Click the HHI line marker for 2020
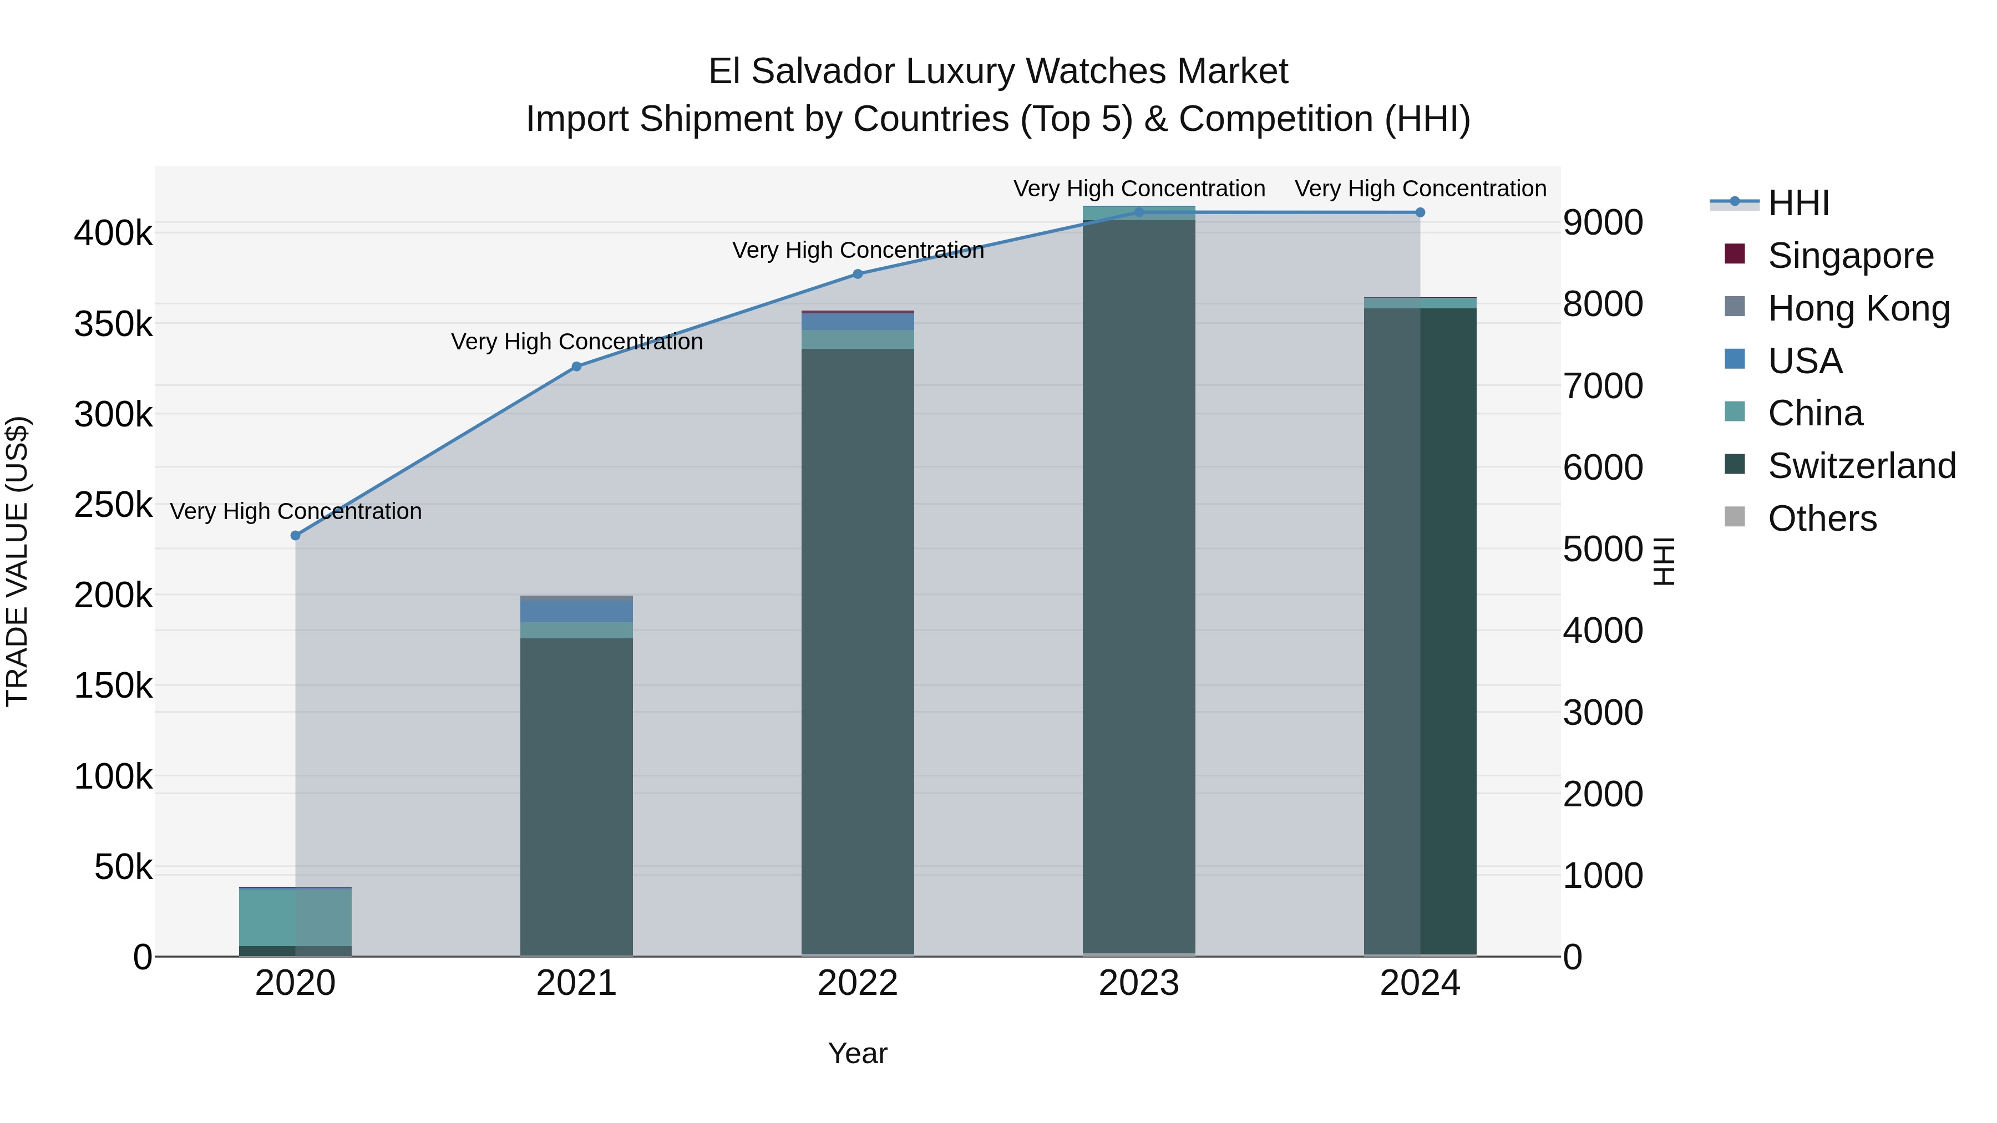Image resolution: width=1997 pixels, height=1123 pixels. point(295,536)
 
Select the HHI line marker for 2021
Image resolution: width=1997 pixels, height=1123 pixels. point(576,367)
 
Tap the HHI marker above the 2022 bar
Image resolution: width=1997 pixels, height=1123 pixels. point(858,273)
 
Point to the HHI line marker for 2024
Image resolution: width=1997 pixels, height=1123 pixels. point(1420,212)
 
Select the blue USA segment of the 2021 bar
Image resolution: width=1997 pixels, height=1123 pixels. point(576,612)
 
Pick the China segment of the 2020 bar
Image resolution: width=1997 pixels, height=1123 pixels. point(295,917)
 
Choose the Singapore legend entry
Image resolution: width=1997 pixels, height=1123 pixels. point(1851,256)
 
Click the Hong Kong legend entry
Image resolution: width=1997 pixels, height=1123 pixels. point(1858,308)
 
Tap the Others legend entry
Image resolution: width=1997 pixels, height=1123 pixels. point(1822,519)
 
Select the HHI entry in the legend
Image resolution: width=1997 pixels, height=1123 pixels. point(1798,203)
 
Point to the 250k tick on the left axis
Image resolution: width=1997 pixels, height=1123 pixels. point(113,505)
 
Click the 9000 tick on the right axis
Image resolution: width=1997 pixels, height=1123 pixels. point(1603,223)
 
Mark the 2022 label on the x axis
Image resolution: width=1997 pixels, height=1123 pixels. point(858,983)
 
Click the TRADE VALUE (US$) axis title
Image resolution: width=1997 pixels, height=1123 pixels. point(17,561)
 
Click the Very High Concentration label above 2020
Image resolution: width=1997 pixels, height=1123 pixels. point(295,511)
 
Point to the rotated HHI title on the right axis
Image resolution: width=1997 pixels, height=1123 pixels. point(1664,561)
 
